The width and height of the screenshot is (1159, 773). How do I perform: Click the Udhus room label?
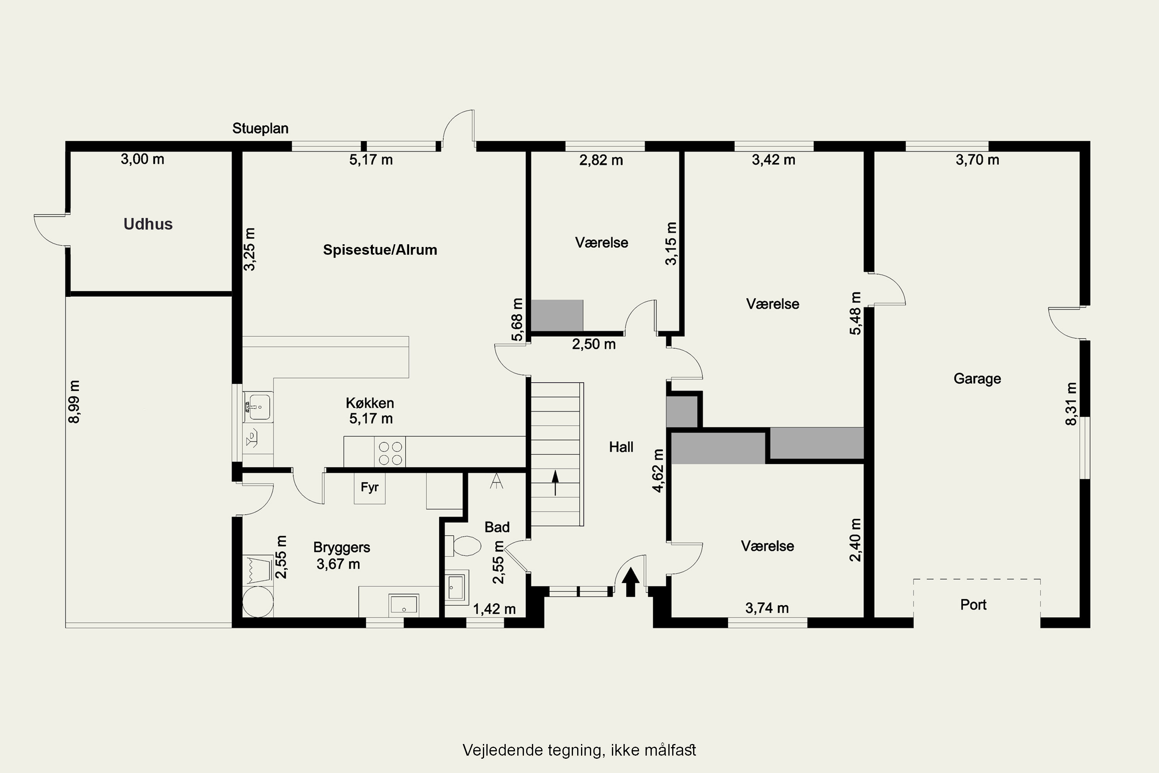(148, 224)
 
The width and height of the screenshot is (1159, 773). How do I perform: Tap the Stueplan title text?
(260, 128)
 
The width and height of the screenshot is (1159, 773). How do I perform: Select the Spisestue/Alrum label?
(380, 250)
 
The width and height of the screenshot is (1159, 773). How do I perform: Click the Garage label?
(977, 379)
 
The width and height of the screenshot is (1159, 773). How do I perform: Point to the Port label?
(973, 604)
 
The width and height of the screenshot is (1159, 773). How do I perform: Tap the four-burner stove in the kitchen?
(390, 453)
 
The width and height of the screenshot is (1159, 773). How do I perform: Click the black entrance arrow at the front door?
(630, 582)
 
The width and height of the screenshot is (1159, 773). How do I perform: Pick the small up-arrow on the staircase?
(556, 482)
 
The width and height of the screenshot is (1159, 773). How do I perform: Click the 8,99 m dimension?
(74, 402)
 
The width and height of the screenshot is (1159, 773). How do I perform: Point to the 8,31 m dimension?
(1071, 404)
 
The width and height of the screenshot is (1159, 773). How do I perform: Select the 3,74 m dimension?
(767, 608)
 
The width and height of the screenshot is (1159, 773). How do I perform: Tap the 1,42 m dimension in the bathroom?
(494, 609)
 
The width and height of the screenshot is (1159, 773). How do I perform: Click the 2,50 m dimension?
(594, 344)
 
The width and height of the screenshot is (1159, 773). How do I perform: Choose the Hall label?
(621, 447)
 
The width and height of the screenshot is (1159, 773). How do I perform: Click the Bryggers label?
(342, 547)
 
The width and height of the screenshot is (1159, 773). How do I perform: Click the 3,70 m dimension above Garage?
(977, 160)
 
